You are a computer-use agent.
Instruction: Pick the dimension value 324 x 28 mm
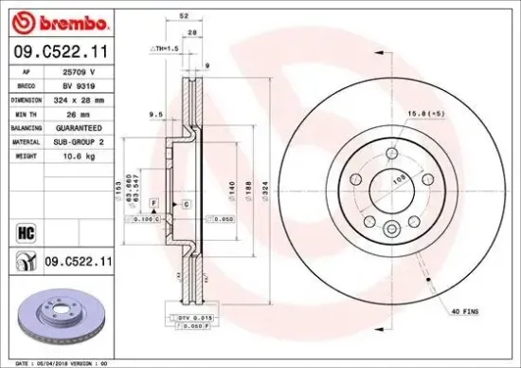[x=79, y=100]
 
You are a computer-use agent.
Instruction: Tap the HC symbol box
[x=27, y=230]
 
